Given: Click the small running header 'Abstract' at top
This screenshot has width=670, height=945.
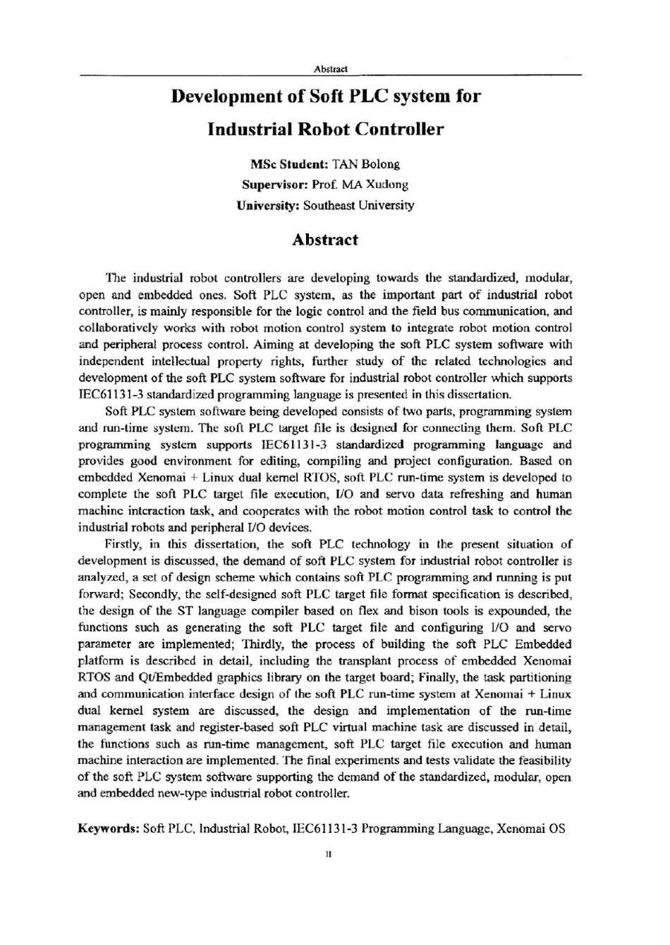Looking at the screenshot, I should [x=331, y=68].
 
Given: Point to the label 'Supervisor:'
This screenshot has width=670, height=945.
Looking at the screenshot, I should [x=275, y=185].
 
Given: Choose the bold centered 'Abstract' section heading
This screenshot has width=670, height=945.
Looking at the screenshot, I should [x=325, y=240].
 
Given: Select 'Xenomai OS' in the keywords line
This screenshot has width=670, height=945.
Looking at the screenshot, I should [x=531, y=828].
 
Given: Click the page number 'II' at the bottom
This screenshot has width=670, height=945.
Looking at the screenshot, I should [x=329, y=855].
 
